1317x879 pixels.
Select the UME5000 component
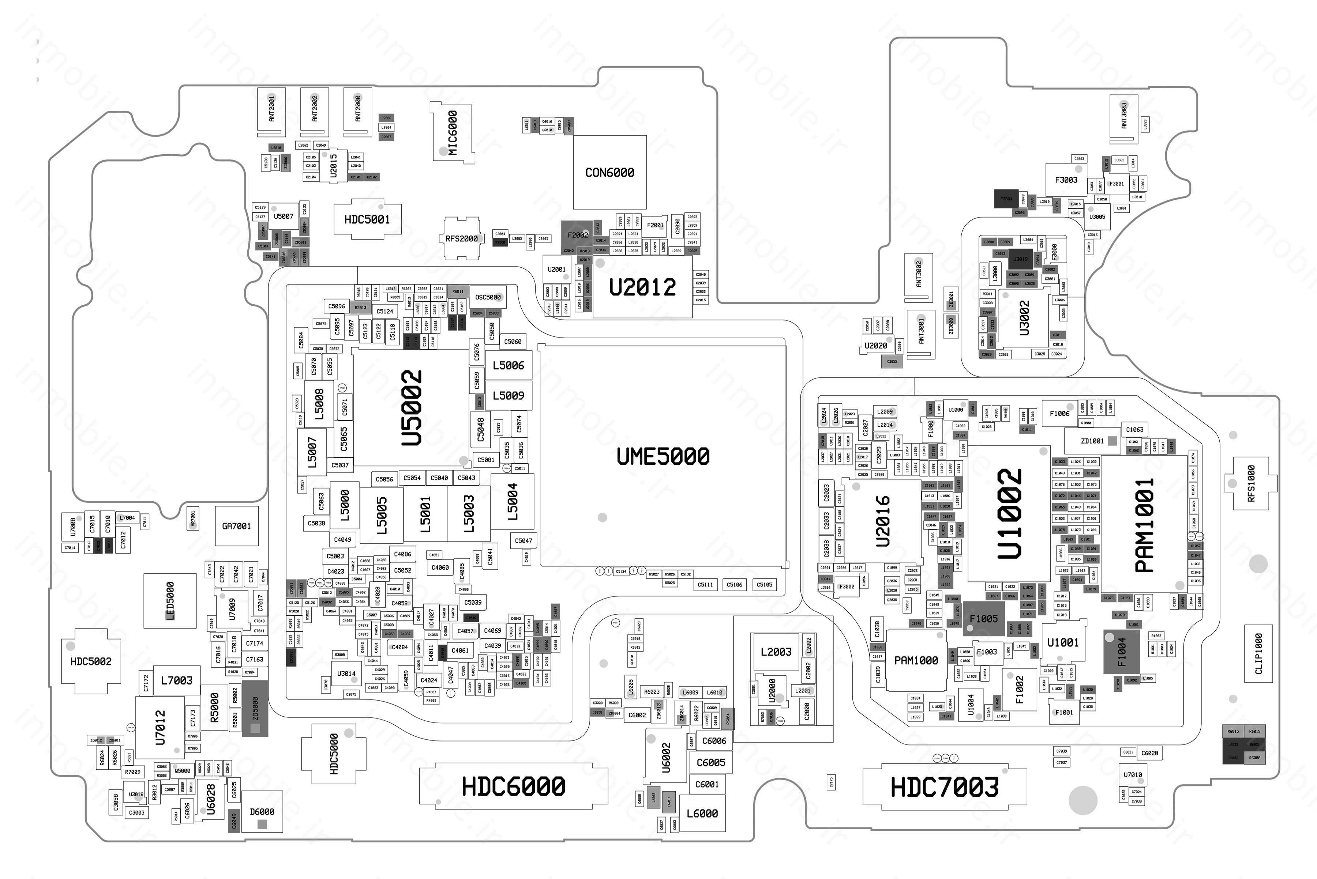[x=663, y=456]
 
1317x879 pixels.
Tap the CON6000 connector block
[x=610, y=172]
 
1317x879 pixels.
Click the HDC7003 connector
[x=945, y=787]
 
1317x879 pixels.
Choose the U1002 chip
[x=1010, y=513]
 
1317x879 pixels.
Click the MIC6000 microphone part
[x=452, y=132]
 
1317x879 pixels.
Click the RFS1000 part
[x=1250, y=483]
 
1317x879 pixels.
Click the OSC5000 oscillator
[x=488, y=297]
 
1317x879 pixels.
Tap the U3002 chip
[x=1024, y=318]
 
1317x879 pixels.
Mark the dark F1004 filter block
[x=1121, y=652]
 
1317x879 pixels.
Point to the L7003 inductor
[x=177, y=680]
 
